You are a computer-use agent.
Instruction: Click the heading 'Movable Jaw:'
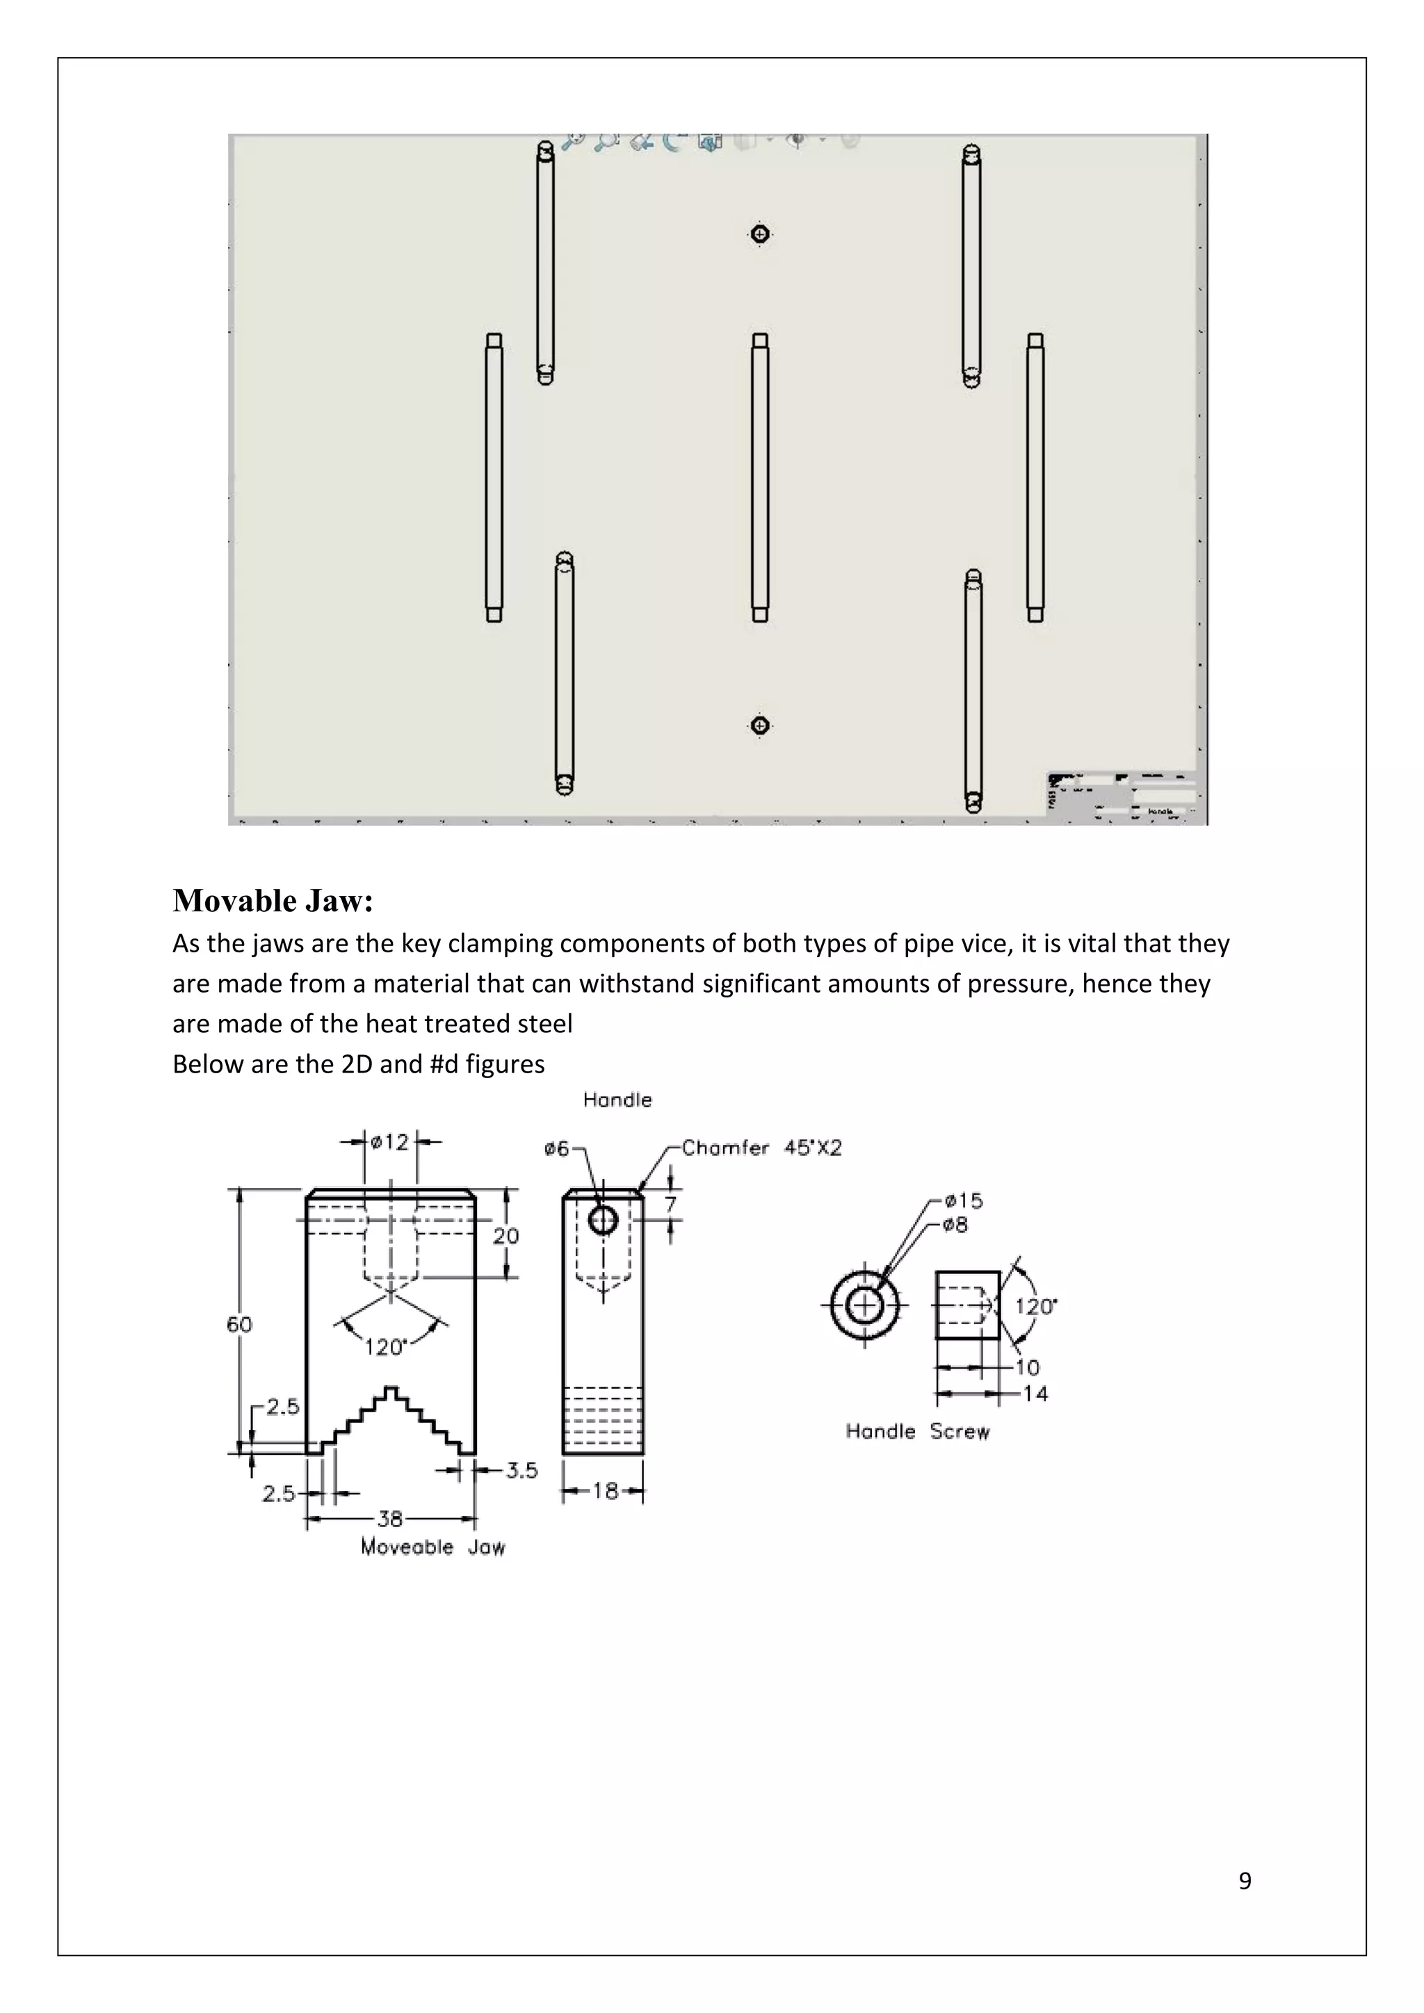pyautogui.click(x=273, y=900)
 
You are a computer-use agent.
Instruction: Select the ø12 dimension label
pyautogui.click(x=390, y=1141)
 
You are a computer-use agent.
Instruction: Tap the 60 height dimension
pyautogui.click(x=239, y=1324)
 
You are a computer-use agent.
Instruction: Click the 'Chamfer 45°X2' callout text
pyautogui.click(x=761, y=1148)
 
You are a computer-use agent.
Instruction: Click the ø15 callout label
pyautogui.click(x=963, y=1200)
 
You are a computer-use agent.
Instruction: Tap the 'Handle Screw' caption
pyautogui.click(x=917, y=1432)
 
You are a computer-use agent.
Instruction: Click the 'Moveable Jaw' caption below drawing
pyautogui.click(x=432, y=1547)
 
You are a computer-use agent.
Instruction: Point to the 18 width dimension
pyautogui.click(x=604, y=1490)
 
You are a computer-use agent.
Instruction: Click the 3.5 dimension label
pyautogui.click(x=521, y=1470)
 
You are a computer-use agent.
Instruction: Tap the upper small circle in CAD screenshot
pyautogui.click(x=760, y=234)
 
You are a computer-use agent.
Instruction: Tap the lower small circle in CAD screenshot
pyautogui.click(x=760, y=725)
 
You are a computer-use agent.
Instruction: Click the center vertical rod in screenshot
pyautogui.click(x=760, y=478)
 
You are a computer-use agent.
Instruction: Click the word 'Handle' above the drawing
pyautogui.click(x=617, y=1100)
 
